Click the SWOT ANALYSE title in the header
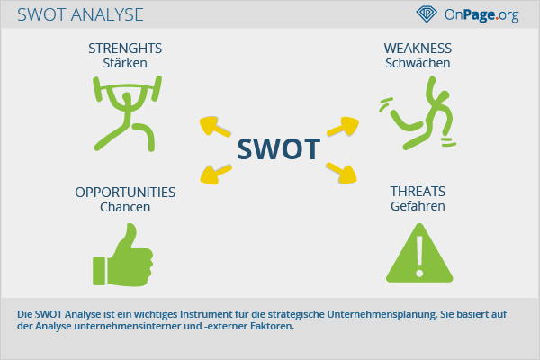coord(80,14)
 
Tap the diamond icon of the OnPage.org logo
coord(427,14)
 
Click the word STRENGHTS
coord(125,49)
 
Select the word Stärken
coord(125,63)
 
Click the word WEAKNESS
coord(418,49)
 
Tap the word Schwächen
coord(418,63)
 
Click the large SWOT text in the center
coord(279,149)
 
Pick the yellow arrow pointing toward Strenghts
coord(214,127)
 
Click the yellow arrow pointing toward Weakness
coord(344,126)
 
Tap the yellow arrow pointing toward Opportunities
coord(215,174)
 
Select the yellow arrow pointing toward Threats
coord(342,173)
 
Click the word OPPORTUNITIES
coord(125,193)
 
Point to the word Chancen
coord(125,207)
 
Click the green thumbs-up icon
coord(123,255)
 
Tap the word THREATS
coord(418,192)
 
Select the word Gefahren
coord(418,206)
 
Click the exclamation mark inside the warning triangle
coord(419,256)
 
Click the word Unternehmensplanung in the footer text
coord(382,314)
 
